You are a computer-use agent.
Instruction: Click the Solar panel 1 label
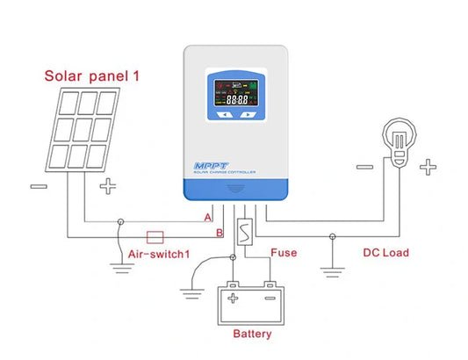pyautogui.click(x=92, y=76)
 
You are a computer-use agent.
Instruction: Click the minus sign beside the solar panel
pyautogui.click(x=39, y=186)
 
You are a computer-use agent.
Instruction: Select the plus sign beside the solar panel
pyautogui.click(x=107, y=186)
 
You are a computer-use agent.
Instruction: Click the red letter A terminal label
pyautogui.click(x=207, y=216)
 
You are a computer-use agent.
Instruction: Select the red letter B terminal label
pyautogui.click(x=220, y=233)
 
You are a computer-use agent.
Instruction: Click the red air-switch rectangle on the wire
pyautogui.click(x=155, y=236)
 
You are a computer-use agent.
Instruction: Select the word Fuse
pyautogui.click(x=283, y=253)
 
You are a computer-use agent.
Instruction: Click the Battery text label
pyautogui.click(x=252, y=334)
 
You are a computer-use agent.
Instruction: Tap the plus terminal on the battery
pyautogui.click(x=234, y=298)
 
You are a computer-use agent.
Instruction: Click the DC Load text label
pyautogui.click(x=385, y=253)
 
